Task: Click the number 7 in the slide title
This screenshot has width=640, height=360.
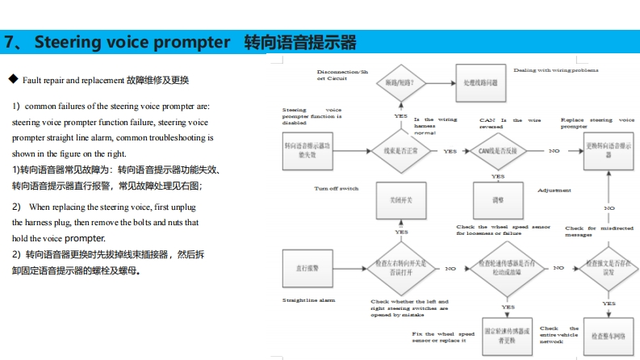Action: pos(10,42)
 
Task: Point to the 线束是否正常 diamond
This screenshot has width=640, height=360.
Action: pos(401,151)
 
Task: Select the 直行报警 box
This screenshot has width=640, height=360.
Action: pos(306,267)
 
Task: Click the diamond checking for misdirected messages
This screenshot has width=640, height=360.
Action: pos(604,268)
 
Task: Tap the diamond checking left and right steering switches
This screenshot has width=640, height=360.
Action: pos(401,268)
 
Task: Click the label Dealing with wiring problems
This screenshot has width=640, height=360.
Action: pos(556,70)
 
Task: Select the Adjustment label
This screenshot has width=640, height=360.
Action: pos(554,190)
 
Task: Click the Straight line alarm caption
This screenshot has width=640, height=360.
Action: pos(309,299)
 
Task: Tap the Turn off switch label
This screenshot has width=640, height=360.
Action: pos(336,188)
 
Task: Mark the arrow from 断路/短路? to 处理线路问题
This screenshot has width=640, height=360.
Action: pos(438,83)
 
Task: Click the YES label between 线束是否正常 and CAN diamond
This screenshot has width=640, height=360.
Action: pos(450,151)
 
